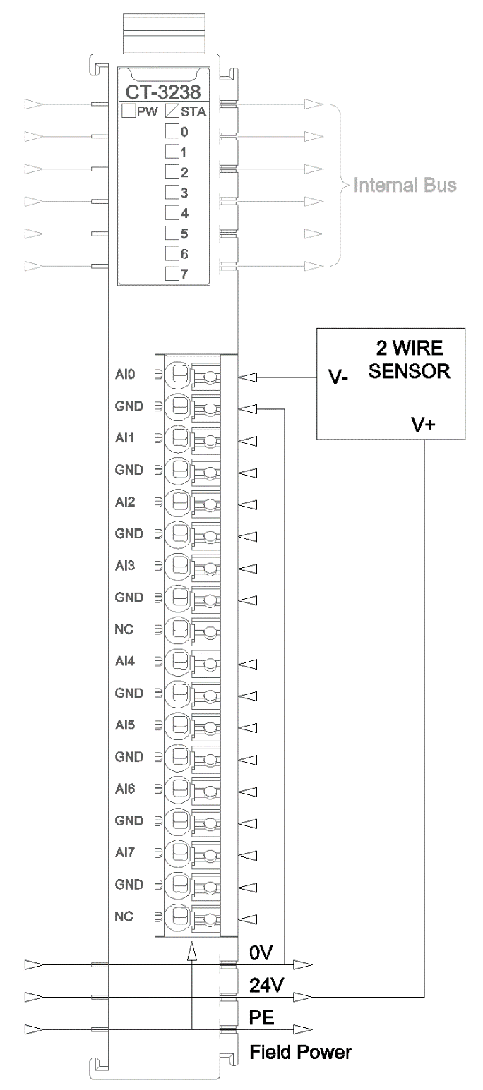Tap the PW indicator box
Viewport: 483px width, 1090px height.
[129, 111]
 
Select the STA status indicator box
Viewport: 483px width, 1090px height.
[172, 111]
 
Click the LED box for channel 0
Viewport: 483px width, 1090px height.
[172, 131]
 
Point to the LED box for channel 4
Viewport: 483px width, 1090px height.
[172, 212]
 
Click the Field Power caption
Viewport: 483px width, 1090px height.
[301, 1053]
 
